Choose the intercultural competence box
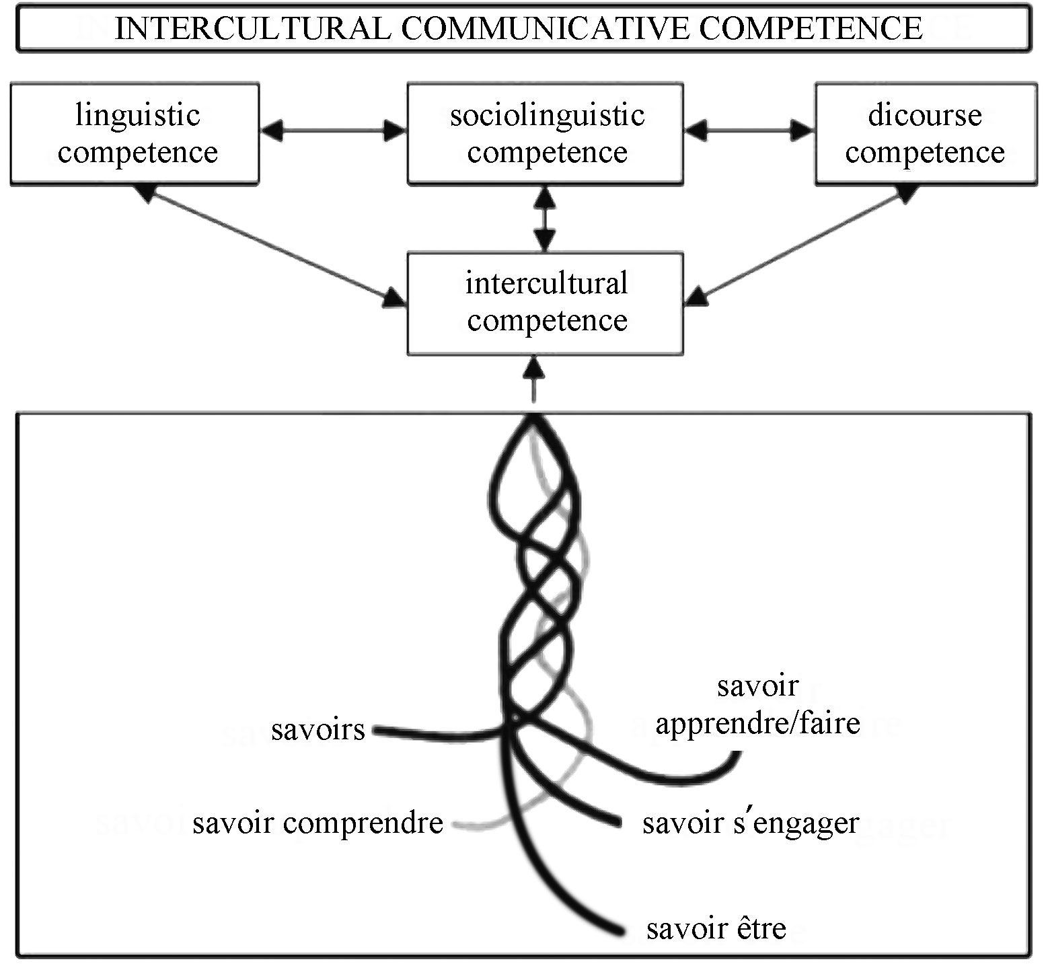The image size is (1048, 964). (546, 303)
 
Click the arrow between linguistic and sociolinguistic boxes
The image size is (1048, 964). (334, 131)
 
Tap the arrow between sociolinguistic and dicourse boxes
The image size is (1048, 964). (749, 131)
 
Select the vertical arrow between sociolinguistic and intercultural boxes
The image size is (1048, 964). (546, 219)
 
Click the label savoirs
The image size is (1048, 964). (318, 729)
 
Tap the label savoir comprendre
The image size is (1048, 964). (317, 823)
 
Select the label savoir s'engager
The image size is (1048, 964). (751, 823)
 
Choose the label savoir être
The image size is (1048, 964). (716, 928)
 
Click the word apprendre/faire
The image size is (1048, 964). (758, 724)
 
